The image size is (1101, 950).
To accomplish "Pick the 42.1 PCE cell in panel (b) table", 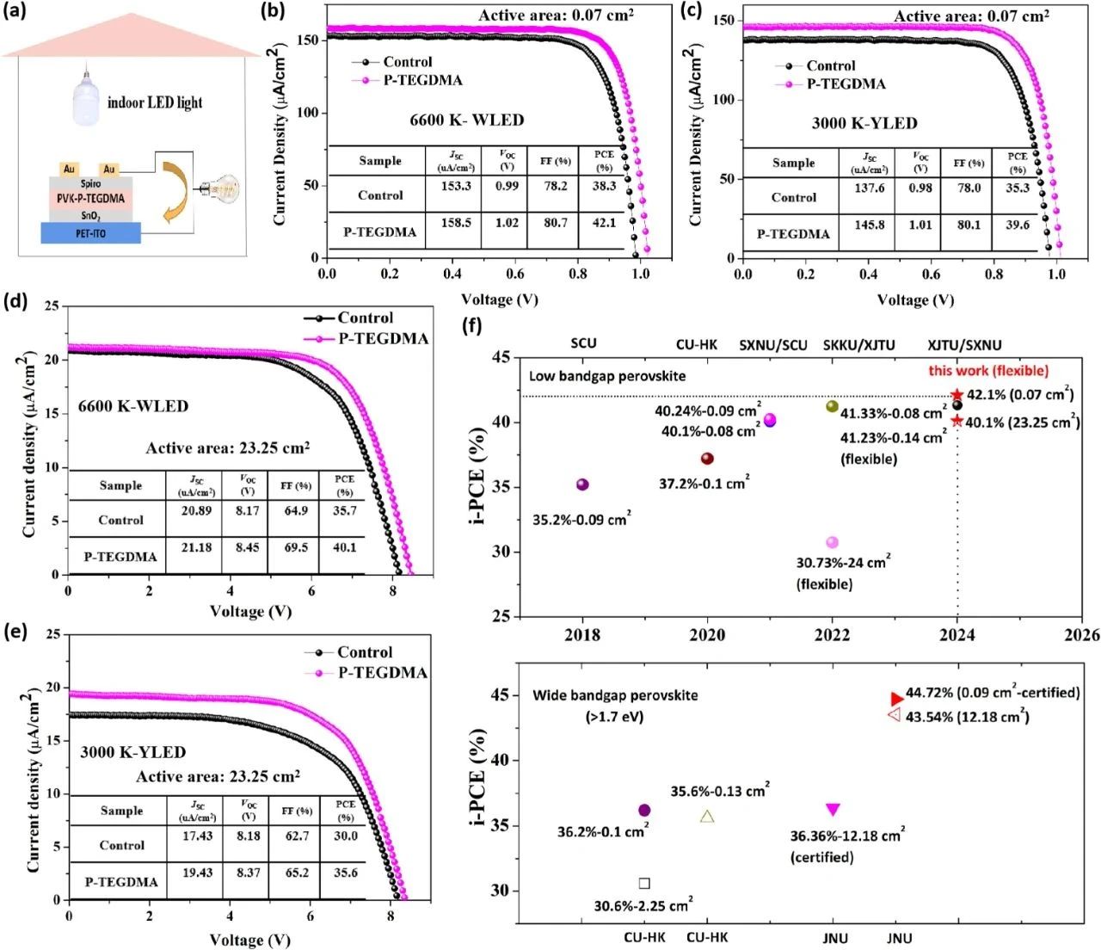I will point(604,223).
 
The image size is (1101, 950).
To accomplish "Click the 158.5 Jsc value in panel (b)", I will point(455,223).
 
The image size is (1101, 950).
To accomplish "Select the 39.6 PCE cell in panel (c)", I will point(1017,225).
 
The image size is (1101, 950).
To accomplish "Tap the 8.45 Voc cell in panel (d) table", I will point(248,547).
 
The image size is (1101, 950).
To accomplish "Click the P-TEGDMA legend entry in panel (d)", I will point(382,338).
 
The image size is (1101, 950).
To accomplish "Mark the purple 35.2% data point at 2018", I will point(582,484).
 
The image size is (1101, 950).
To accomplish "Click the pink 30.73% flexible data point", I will point(832,542).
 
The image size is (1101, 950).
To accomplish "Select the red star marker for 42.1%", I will point(956,395).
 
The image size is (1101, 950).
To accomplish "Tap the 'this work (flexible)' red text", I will point(988,371).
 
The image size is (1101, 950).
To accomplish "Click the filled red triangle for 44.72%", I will point(897,699).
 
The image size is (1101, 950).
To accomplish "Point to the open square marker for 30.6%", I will point(644,883).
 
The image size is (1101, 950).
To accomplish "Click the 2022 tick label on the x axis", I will point(832,635).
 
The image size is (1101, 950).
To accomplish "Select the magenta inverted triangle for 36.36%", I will point(833,809).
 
